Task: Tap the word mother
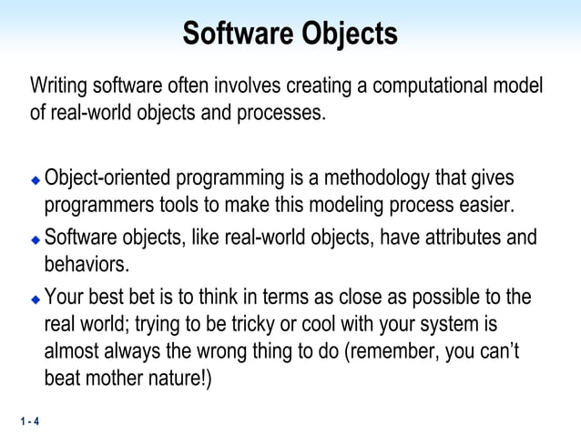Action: pos(125,377)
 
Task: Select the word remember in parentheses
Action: pos(392,350)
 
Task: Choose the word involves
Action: pos(248,87)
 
